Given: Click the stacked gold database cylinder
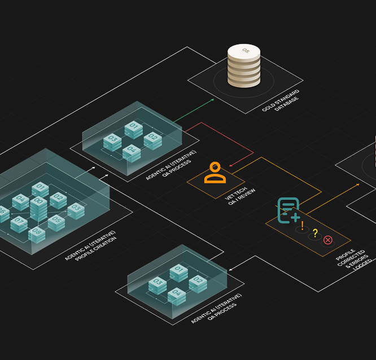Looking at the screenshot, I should [x=244, y=67].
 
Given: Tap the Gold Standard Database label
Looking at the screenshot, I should [x=281, y=100].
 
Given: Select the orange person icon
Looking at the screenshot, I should [x=215, y=173].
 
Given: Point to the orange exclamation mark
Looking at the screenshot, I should [x=303, y=226].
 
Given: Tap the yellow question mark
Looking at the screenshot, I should [x=315, y=233].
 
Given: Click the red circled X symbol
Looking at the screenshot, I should [x=328, y=240].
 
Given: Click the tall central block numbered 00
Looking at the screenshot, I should [x=38, y=208].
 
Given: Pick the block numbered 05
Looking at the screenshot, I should [x=56, y=222].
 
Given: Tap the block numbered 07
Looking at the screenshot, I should [x=19, y=223].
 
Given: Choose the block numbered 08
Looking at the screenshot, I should [x=37, y=234].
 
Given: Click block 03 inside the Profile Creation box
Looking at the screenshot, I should [x=76, y=210].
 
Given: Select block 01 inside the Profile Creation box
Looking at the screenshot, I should [x=40, y=188].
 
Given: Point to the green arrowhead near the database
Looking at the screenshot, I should [x=212, y=100].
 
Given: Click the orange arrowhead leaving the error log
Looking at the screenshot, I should [x=357, y=184].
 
